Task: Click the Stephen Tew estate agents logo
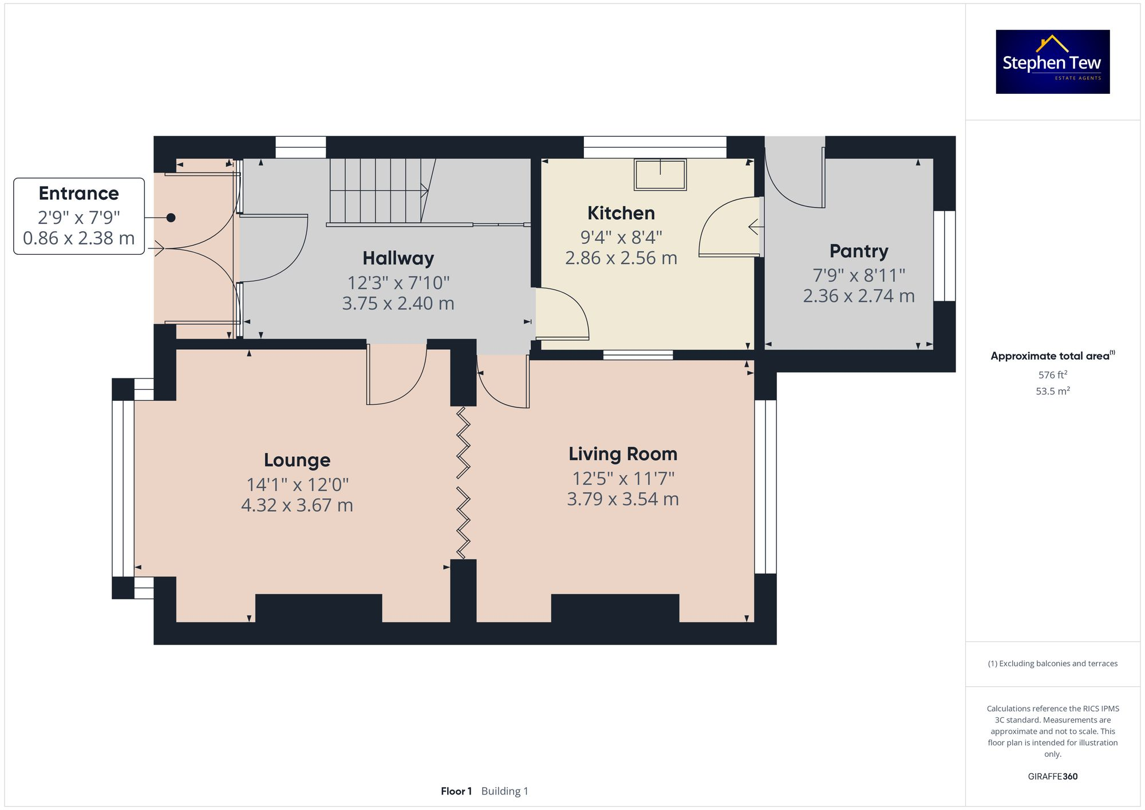pyautogui.click(x=1052, y=62)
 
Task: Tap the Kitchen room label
pyautogui.click(x=621, y=213)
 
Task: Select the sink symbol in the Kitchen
pyautogui.click(x=660, y=175)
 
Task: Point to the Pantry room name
pyautogui.click(x=858, y=251)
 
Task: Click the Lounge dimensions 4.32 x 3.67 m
pyautogui.click(x=297, y=505)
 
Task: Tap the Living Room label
pyautogui.click(x=622, y=454)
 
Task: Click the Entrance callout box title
pyautogui.click(x=78, y=193)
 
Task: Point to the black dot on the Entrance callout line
pyautogui.click(x=171, y=218)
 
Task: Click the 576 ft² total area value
pyautogui.click(x=1052, y=375)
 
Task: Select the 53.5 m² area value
pyautogui.click(x=1052, y=392)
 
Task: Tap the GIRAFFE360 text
pyautogui.click(x=1052, y=776)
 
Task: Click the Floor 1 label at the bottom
pyautogui.click(x=456, y=791)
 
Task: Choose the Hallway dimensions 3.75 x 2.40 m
pyautogui.click(x=398, y=303)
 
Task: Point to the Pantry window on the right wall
pyautogui.click(x=944, y=256)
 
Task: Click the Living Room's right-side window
pyautogui.click(x=765, y=487)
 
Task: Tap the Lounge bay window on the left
pyautogui.click(x=123, y=488)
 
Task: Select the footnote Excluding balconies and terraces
pyautogui.click(x=1052, y=663)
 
